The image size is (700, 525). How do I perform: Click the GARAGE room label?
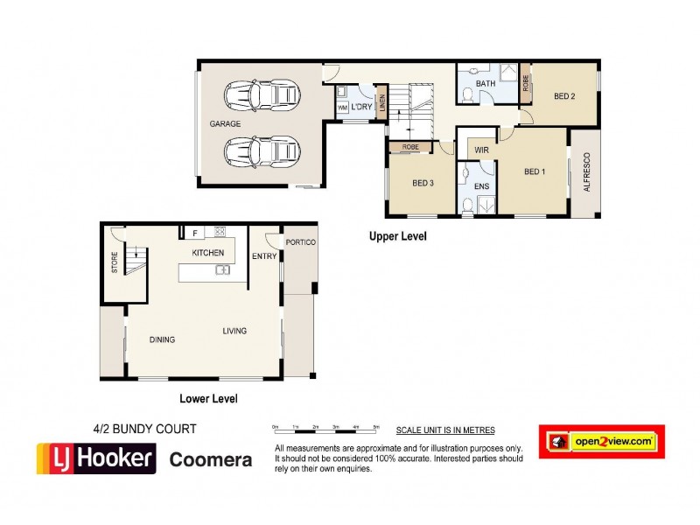click(x=225, y=124)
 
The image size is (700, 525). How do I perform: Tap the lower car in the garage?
click(x=262, y=150)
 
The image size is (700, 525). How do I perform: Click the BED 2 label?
click(x=564, y=96)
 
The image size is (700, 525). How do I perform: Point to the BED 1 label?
click(x=535, y=171)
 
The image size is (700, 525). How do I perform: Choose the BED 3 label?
click(x=423, y=183)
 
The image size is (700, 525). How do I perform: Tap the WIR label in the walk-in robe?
click(x=481, y=150)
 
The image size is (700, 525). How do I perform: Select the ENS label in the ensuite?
click(x=481, y=187)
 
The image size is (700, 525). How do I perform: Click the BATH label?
click(x=486, y=84)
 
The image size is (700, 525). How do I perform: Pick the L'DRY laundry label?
click(x=362, y=107)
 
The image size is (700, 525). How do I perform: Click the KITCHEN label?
click(x=208, y=253)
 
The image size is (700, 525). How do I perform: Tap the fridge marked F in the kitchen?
click(x=194, y=233)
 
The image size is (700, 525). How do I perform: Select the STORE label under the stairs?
click(x=114, y=263)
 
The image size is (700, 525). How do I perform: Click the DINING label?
click(x=163, y=340)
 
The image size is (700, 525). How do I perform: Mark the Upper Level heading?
click(x=397, y=236)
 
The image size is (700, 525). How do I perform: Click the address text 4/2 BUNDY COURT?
click(x=144, y=430)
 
